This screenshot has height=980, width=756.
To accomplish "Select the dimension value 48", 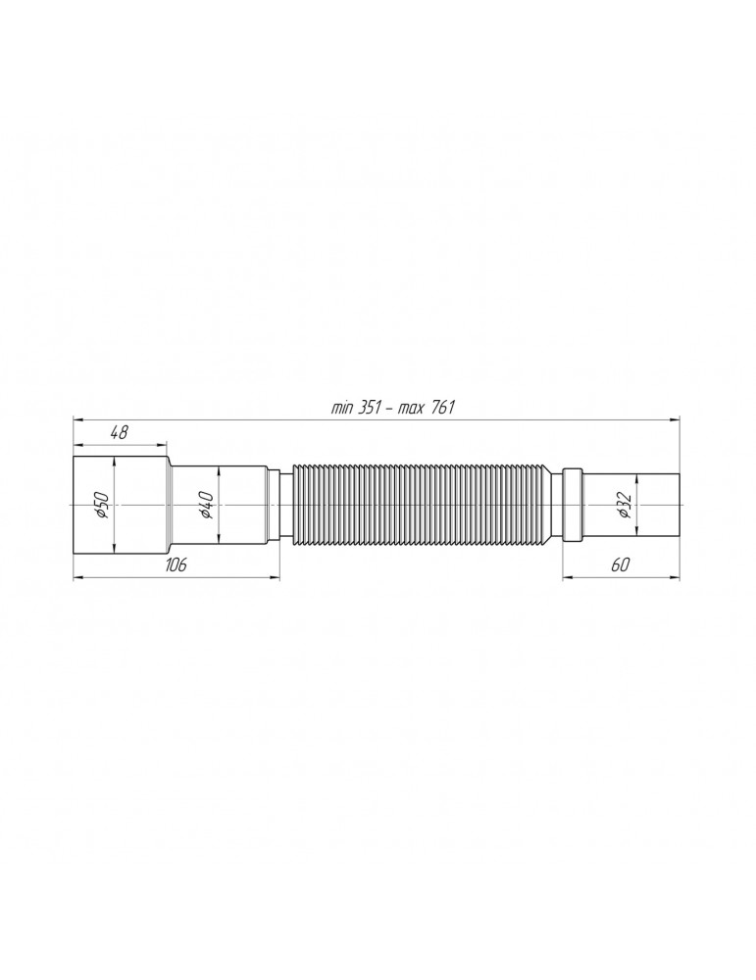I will click(119, 432).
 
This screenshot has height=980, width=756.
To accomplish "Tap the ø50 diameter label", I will click(101, 505).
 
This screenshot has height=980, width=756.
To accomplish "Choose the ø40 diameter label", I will click(206, 505).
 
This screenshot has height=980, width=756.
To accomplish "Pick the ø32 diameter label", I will click(624, 505).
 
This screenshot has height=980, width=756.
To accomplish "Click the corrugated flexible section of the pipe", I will click(422, 504).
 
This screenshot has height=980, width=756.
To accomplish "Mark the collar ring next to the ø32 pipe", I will click(573, 504).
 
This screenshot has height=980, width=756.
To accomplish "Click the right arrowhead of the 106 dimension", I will click(276, 577).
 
